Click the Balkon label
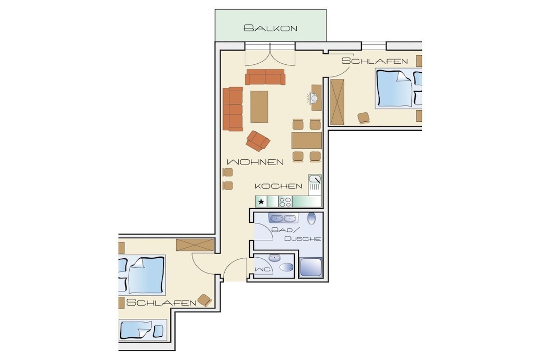[271, 28]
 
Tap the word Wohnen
[255, 162]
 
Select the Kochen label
[278, 186]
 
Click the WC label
[262, 269]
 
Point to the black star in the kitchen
[262, 202]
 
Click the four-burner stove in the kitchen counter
[285, 202]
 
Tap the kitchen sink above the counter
[315, 183]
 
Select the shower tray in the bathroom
[311, 268]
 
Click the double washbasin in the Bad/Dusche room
[283, 218]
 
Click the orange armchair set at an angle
[258, 140]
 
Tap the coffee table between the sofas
[259, 106]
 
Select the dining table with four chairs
[306, 140]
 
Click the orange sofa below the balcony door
[265, 77]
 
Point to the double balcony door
[270, 54]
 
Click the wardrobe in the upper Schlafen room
[337, 102]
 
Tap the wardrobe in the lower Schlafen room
[195, 245]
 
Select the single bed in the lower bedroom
[143, 330]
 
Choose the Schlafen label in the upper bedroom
[375, 61]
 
